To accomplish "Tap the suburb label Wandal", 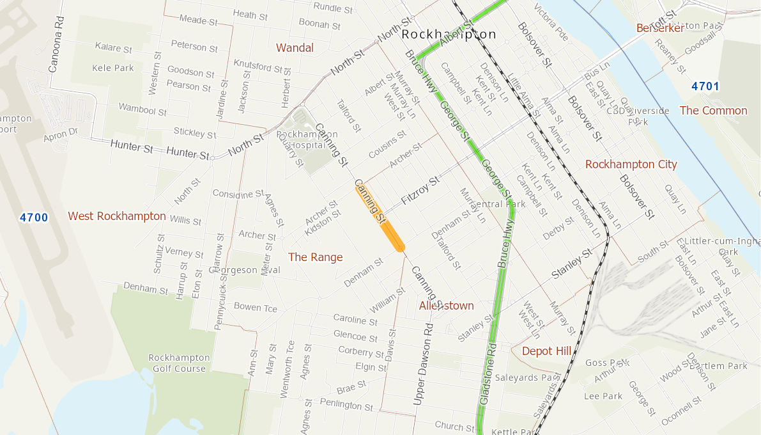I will pos(295,48).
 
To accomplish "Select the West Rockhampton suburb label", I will pos(117,216).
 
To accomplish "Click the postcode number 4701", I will pos(705,86).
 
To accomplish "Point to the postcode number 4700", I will pos(34,217).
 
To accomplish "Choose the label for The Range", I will pos(316,257).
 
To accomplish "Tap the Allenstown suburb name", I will pos(447,306).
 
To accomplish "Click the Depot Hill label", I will pos(546,351).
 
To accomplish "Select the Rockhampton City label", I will pos(631,164).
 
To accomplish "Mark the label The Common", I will pos(713,111).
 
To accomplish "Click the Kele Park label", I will pos(113,68).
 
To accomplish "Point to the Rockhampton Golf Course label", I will pos(179,363).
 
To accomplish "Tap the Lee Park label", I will pos(603,396).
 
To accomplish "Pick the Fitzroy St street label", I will pos(420,191).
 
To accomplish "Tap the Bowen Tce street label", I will pos(256,307).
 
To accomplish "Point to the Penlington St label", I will pos(346,405).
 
